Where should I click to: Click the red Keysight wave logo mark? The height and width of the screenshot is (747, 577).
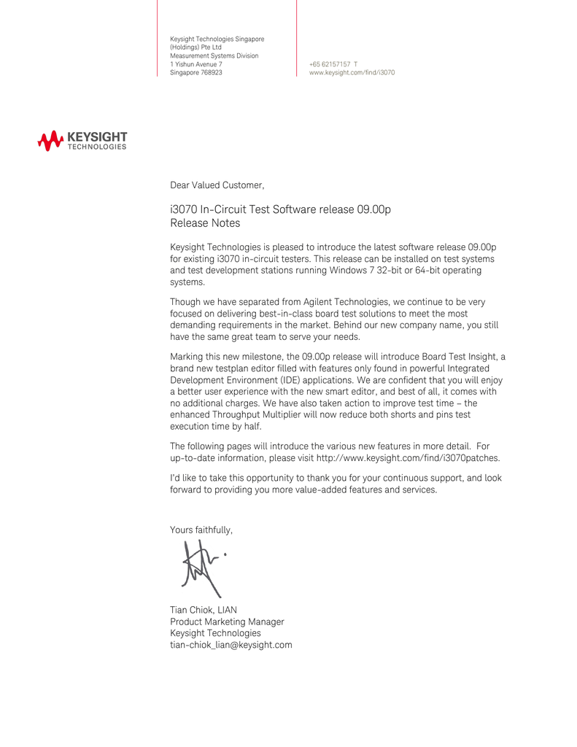tap(50, 141)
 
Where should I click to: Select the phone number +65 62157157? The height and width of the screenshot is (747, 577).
tap(330, 64)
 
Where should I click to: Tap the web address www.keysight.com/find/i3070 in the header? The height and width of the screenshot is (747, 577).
tap(352, 73)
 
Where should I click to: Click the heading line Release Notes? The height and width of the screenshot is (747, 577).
tap(204, 223)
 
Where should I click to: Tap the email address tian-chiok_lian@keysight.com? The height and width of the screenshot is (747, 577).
tap(231, 645)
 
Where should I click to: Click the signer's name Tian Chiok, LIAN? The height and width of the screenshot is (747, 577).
tap(203, 610)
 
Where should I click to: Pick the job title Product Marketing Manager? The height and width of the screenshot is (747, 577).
tap(227, 622)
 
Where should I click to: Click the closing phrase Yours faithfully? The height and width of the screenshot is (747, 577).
tap(201, 530)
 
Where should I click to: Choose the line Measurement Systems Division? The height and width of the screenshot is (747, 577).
tap(214, 55)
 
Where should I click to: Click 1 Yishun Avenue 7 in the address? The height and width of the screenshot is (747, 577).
tap(195, 64)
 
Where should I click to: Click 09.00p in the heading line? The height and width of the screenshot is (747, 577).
tap(374, 210)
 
